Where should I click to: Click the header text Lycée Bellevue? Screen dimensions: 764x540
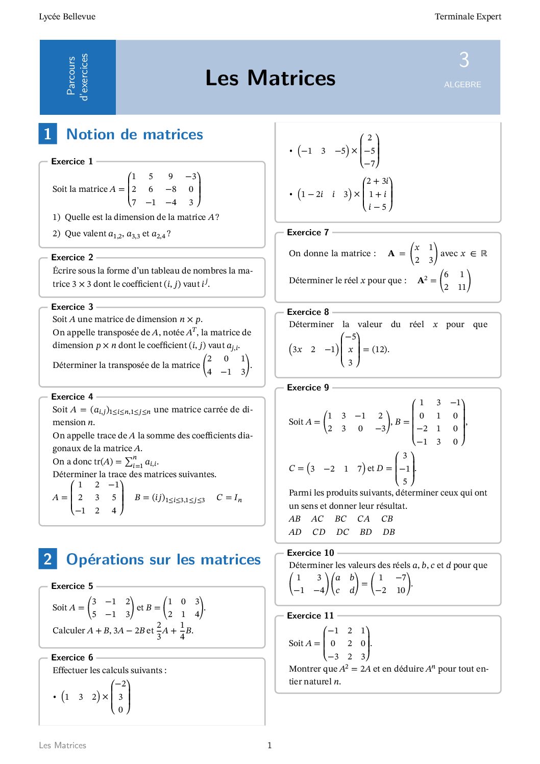click(x=67, y=16)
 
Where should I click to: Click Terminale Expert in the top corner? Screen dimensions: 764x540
click(x=468, y=16)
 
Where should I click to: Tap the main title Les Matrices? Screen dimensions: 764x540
click(x=270, y=78)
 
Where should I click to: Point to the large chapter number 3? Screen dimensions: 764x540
click(x=463, y=60)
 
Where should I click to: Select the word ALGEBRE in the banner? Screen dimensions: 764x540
click(x=462, y=85)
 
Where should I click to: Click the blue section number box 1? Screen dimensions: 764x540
click(x=47, y=134)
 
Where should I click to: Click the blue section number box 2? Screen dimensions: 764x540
click(x=47, y=559)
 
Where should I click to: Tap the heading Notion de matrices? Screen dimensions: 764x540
click(x=135, y=134)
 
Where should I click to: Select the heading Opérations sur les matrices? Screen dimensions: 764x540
click(x=163, y=559)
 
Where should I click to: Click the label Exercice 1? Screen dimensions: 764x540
click(x=72, y=161)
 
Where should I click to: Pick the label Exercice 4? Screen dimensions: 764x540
click(x=72, y=397)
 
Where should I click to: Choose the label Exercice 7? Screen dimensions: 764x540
click(x=308, y=232)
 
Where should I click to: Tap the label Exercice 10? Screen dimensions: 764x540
click(x=310, y=553)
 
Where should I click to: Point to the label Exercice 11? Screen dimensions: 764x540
click(x=310, y=615)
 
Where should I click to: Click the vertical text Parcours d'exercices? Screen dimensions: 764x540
click(x=78, y=77)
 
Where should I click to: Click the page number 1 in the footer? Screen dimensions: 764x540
click(x=269, y=746)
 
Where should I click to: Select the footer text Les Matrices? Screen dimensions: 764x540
click(x=62, y=746)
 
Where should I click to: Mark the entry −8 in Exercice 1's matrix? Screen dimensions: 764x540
click(x=170, y=189)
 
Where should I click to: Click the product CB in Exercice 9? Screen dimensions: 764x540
click(x=387, y=519)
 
